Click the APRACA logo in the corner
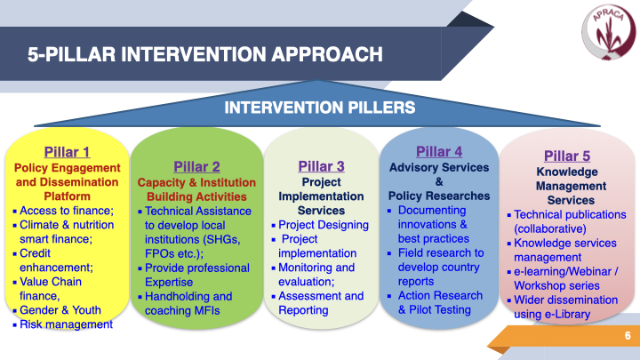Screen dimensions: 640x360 pyautogui.click(x=608, y=32)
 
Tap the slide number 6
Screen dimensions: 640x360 pyautogui.click(x=628, y=335)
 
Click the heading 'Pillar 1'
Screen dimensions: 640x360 pyautogui.click(x=67, y=152)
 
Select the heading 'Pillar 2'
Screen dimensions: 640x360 pyautogui.click(x=196, y=166)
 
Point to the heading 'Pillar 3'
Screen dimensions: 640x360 pyautogui.click(x=321, y=166)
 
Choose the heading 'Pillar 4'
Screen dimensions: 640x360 pyautogui.click(x=439, y=151)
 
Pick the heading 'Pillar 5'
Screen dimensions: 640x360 pyautogui.click(x=567, y=156)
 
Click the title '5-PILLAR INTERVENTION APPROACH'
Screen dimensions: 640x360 pyautogui.click(x=205, y=54)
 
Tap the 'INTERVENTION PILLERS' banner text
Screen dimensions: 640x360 pyautogui.click(x=320, y=108)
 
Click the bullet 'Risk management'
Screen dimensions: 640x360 pyautogui.click(x=66, y=324)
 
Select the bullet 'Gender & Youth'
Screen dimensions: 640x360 pyautogui.click(x=60, y=310)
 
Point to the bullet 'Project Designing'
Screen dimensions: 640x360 pyautogui.click(x=324, y=225)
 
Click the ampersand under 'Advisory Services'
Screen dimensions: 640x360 pyautogui.click(x=439, y=181)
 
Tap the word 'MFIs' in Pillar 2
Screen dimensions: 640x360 pyautogui.click(x=207, y=311)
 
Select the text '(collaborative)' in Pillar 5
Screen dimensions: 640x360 pyautogui.click(x=550, y=229)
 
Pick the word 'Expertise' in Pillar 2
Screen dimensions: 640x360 pyautogui.click(x=169, y=283)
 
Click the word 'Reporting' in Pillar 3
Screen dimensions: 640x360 pyautogui.click(x=303, y=310)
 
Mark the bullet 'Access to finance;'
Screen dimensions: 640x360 pyautogui.click(x=67, y=211)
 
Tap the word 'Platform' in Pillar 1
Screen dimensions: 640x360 pyautogui.click(x=67, y=196)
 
